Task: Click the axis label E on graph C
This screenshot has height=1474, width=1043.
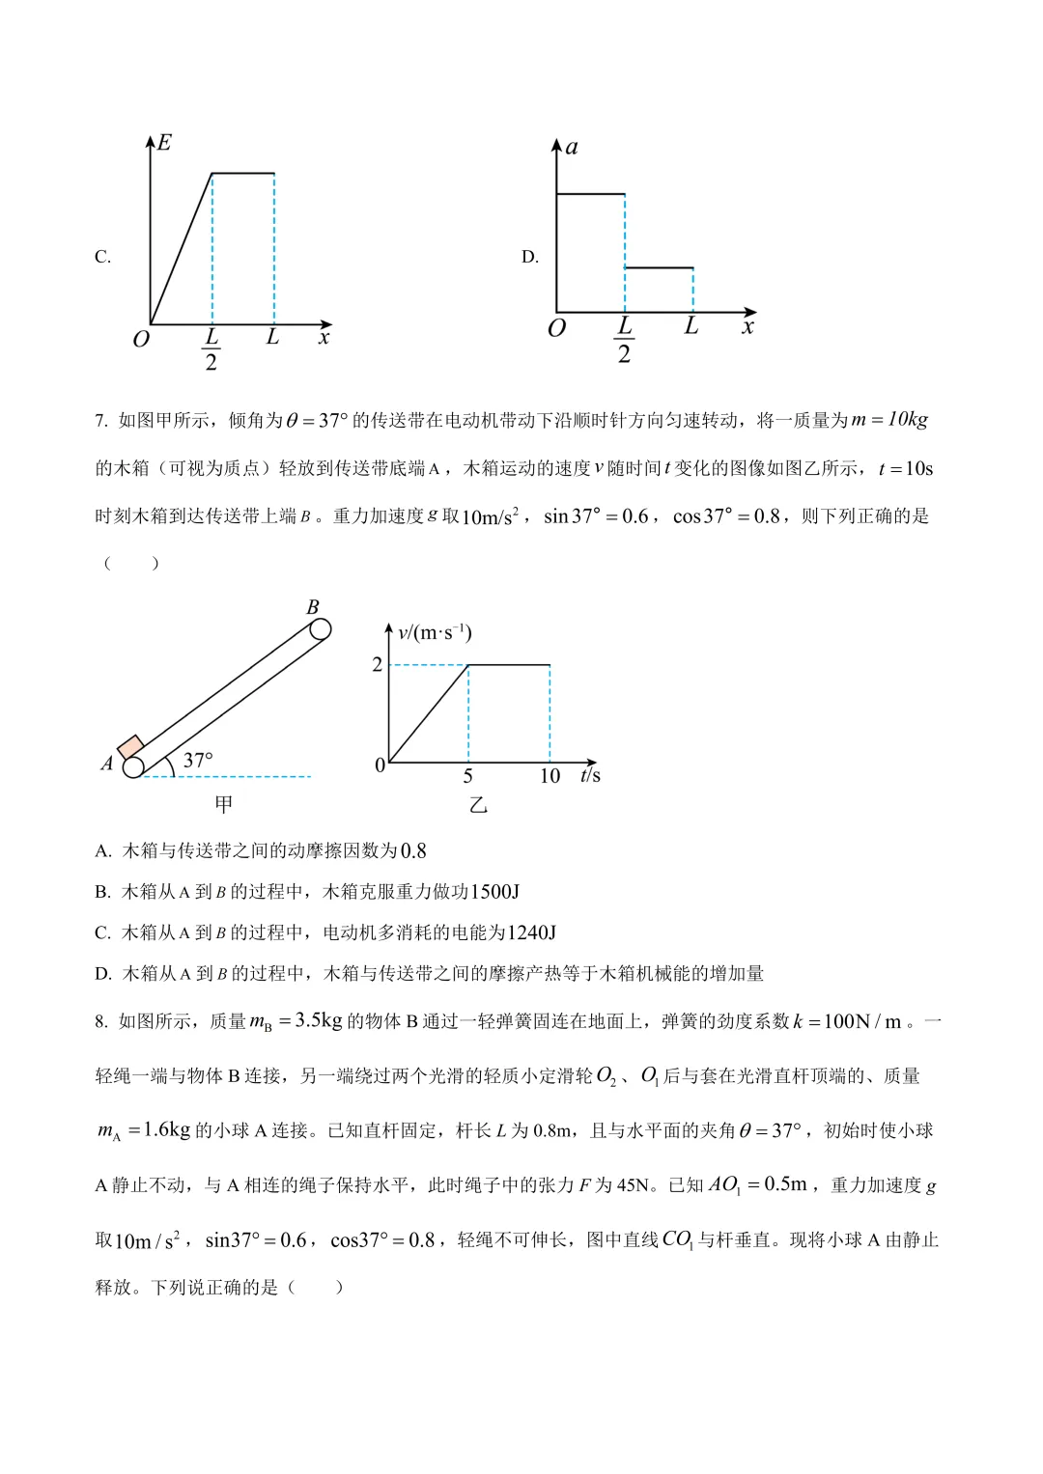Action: (x=164, y=143)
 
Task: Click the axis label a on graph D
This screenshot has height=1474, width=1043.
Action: (x=572, y=148)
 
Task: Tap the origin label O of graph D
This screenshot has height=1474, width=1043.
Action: (x=556, y=329)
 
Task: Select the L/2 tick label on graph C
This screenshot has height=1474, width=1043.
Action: (x=211, y=349)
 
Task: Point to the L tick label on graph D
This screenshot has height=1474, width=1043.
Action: (x=691, y=326)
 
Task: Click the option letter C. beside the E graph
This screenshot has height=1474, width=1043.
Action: (x=102, y=257)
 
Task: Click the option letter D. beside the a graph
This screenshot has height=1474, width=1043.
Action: (x=529, y=257)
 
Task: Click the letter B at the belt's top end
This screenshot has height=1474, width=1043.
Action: (x=312, y=607)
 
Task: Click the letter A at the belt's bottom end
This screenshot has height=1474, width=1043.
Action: (x=107, y=764)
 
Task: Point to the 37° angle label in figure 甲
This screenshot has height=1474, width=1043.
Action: (x=197, y=761)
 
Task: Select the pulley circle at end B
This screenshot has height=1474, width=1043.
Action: (x=320, y=629)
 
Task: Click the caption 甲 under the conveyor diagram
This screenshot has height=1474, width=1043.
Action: (x=224, y=804)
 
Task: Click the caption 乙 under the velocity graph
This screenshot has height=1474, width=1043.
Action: (x=478, y=805)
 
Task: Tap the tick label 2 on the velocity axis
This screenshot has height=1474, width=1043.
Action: (x=377, y=664)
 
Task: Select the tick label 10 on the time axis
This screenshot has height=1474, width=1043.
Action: (x=550, y=776)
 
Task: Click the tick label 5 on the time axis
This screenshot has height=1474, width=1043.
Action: (x=468, y=776)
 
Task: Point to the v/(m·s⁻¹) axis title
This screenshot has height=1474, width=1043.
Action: (x=435, y=633)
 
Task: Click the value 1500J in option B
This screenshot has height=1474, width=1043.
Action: (x=494, y=892)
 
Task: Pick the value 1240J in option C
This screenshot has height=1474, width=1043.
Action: (x=531, y=932)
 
